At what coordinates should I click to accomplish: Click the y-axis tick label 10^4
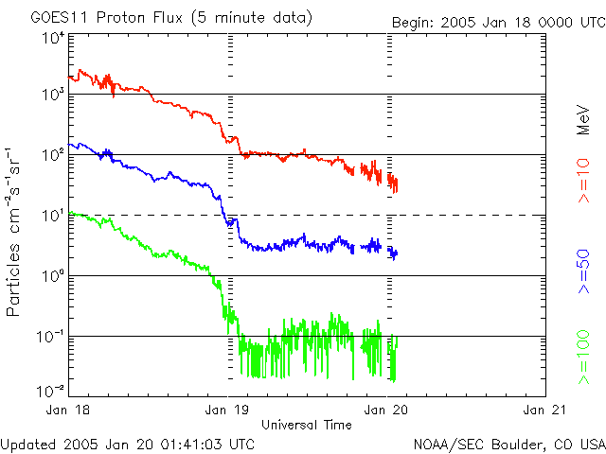point(53,38)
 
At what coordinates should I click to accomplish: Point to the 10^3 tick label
point(53,95)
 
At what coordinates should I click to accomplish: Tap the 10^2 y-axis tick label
point(53,154)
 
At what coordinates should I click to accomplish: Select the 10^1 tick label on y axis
point(53,215)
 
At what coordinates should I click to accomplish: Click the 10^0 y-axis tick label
point(53,275)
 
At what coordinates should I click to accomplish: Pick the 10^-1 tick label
point(51,336)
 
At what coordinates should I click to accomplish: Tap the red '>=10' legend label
point(584,180)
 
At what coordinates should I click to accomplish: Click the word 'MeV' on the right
point(584,118)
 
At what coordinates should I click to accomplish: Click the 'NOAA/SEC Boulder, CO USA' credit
point(509,444)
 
